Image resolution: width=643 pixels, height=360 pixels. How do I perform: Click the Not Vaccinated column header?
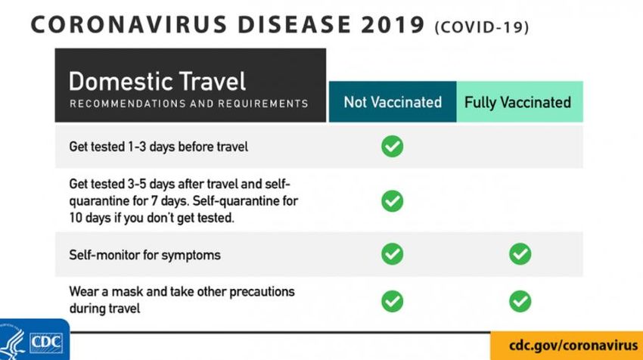coord(393,101)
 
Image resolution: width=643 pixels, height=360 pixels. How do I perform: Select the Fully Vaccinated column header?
coord(520,101)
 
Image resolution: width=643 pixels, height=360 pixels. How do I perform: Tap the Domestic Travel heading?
coord(157,81)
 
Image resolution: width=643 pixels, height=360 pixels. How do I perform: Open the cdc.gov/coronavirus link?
coord(573,345)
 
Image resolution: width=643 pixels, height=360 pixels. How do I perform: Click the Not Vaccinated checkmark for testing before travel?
coord(393,147)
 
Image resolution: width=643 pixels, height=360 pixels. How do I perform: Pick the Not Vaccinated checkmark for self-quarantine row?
coord(393,201)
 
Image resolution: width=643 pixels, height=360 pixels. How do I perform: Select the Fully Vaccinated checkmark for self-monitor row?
coord(520,254)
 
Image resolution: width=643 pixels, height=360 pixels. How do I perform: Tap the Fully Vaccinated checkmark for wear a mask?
coord(520,301)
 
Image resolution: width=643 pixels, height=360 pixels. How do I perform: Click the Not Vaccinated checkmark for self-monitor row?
coord(393,254)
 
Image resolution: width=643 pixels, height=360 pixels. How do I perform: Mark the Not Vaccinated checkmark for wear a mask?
coord(393,301)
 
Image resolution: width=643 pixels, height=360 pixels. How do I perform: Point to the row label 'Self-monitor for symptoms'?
coord(144,255)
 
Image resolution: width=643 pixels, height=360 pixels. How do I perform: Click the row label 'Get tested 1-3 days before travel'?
coord(158,147)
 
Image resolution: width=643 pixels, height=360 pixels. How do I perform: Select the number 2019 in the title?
coord(393,25)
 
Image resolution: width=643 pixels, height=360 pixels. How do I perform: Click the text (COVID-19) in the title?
coord(482,27)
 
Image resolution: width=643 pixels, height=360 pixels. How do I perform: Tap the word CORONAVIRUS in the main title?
coord(129,25)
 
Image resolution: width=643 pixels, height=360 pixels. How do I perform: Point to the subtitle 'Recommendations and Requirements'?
coord(188,104)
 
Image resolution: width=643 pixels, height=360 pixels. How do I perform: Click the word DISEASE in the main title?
coord(294,25)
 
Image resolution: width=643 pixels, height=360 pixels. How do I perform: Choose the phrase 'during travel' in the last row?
coord(104,308)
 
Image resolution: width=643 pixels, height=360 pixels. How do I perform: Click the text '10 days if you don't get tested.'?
coord(152,218)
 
